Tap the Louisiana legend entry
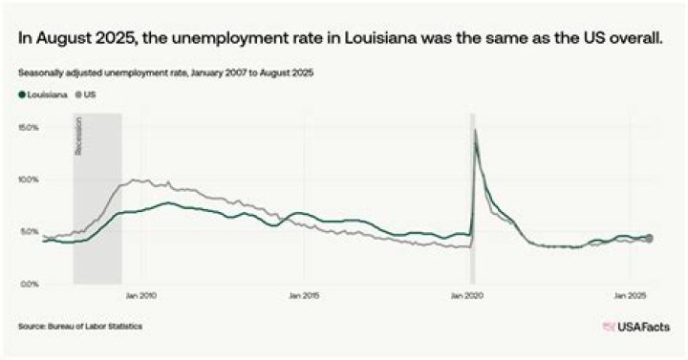tap(38, 95)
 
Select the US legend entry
tap(86, 95)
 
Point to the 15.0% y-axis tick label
tap(28, 127)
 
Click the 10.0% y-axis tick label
tap(28, 180)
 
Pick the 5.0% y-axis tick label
tap(30, 232)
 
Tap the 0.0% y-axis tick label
tap(30, 285)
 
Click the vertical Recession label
tap(79, 136)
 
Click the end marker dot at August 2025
tap(649, 238)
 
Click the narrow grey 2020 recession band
tap(472, 210)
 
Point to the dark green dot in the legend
tap(21, 95)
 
